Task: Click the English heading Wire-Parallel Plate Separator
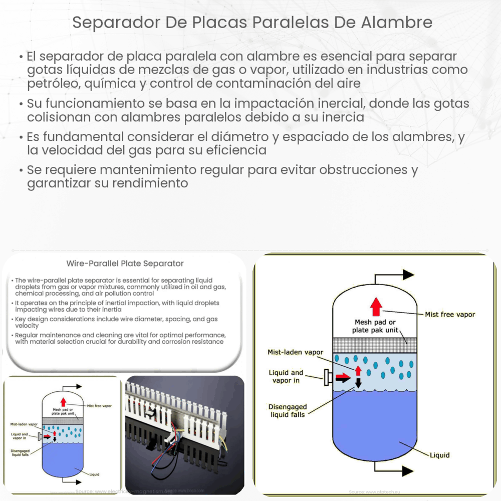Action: click(x=125, y=264)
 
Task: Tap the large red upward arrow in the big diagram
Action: click(x=376, y=306)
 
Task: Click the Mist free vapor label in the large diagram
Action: click(x=449, y=314)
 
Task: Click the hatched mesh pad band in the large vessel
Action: click(x=375, y=345)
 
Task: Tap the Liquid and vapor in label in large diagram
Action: click(x=286, y=377)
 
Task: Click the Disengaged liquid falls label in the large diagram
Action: click(x=287, y=411)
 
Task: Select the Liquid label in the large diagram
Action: click(x=439, y=455)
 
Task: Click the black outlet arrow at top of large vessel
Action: click(x=407, y=275)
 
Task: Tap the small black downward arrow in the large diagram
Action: click(x=358, y=383)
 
